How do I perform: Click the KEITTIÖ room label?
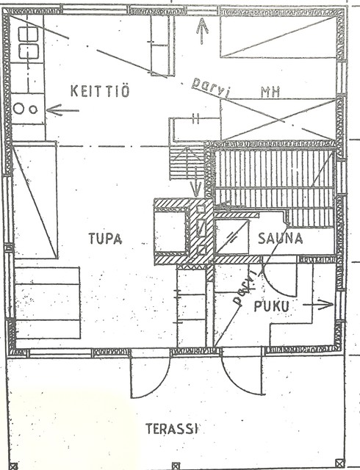[x=100, y=90]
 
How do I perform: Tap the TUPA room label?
[x=105, y=238]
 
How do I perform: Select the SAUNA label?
[x=280, y=239]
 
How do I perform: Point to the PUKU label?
[x=272, y=306]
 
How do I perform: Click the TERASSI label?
[x=172, y=429]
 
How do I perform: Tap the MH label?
[x=270, y=93]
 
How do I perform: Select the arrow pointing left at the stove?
[x=62, y=110]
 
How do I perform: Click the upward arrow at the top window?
[x=202, y=31]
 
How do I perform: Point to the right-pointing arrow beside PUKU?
[x=318, y=305]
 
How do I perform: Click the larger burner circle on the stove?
[x=18, y=108]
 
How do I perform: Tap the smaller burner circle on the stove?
[x=33, y=109]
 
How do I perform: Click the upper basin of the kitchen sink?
[x=29, y=35]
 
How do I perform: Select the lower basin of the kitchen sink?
[x=29, y=51]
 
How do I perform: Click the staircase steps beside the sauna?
[x=187, y=162]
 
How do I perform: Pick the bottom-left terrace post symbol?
[x=13, y=466]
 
